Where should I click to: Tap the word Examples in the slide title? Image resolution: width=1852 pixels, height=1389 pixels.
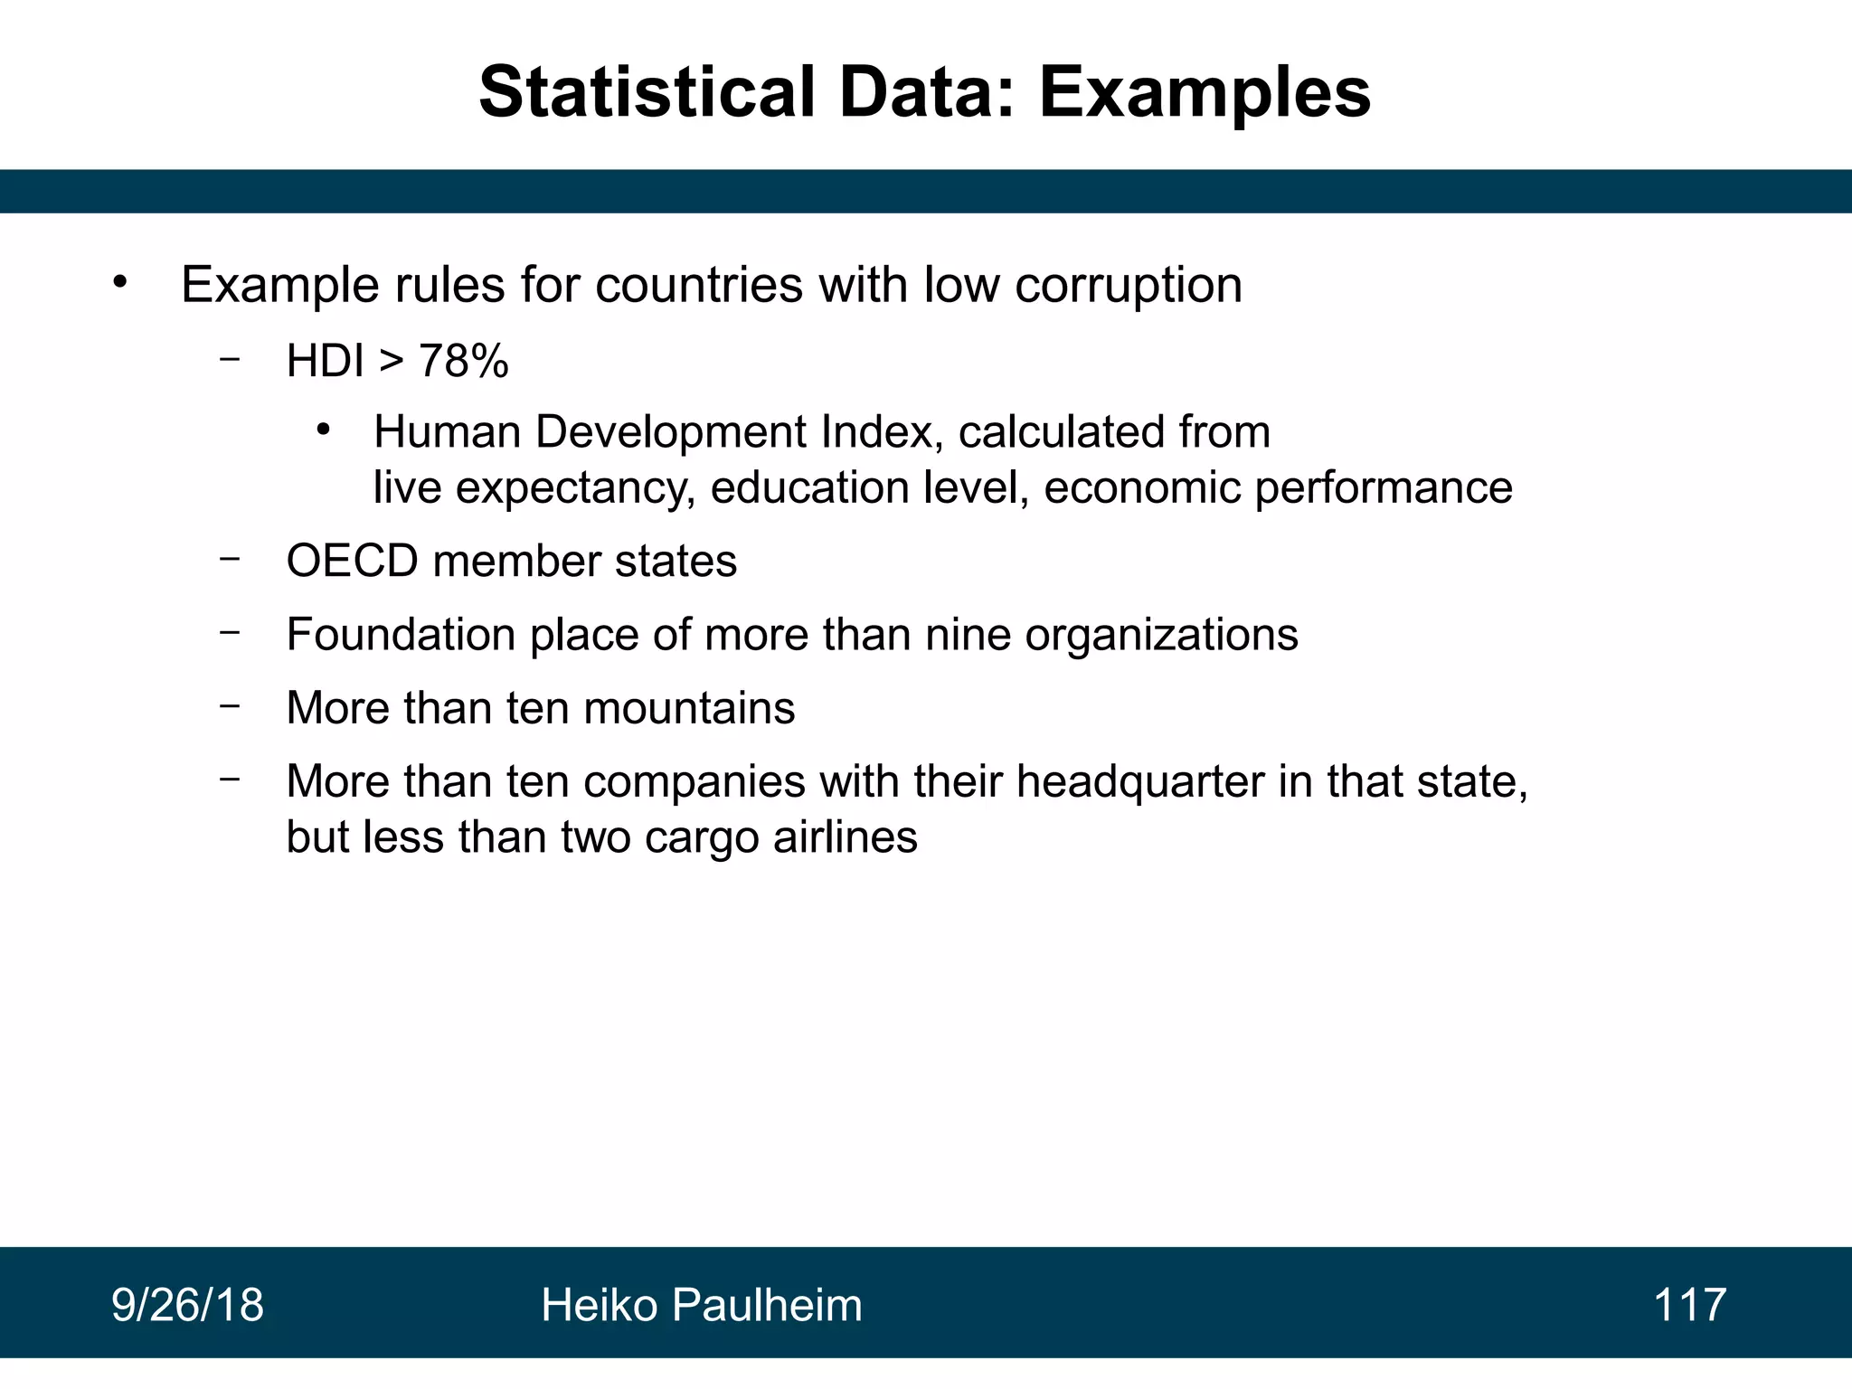coord(1205,92)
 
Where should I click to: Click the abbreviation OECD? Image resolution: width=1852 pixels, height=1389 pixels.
coord(353,561)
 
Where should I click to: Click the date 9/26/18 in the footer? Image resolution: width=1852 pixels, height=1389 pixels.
coord(187,1305)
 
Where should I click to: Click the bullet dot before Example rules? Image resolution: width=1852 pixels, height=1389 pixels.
coord(120,283)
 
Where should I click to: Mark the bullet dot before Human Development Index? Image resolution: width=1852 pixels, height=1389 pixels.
coord(323,430)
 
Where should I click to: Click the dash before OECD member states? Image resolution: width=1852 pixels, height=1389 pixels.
coord(230,559)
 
